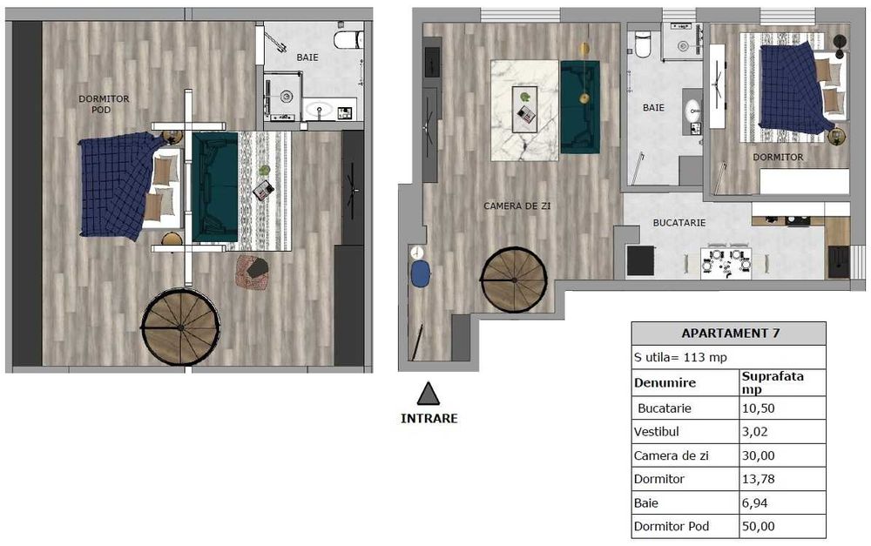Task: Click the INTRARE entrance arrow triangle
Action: coord(428,394)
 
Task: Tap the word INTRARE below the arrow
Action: coord(429,418)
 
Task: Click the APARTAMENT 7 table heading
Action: coord(728,334)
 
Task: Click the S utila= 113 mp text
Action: coord(680,357)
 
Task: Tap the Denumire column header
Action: coord(665,382)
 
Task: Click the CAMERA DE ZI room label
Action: coord(517,206)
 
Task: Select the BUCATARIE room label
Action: coord(679,223)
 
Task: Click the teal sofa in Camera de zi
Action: coord(579,106)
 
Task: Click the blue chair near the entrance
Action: coord(421,274)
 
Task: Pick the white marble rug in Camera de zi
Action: coord(524,110)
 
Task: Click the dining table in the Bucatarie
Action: coord(726,260)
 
